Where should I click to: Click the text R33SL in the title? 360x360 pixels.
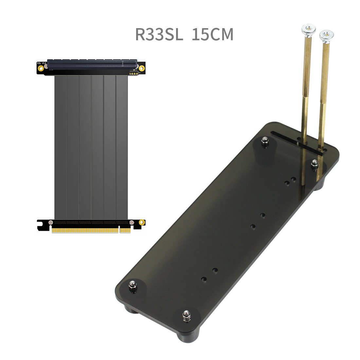tap(159, 34)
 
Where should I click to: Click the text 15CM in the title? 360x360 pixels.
tap(212, 34)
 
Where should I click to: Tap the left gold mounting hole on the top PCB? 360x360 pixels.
tap(41, 68)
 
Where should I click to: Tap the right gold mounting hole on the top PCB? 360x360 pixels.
tap(142, 68)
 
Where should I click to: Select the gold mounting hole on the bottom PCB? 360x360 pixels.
tap(142, 223)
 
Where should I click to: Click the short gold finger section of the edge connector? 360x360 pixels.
tap(125, 230)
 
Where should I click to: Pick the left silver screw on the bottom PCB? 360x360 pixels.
tap(50, 223)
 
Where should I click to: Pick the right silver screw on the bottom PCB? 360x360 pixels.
tap(132, 223)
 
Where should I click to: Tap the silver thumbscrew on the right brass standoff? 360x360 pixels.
tap(326, 35)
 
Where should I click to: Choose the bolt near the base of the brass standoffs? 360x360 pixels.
tap(314, 163)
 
